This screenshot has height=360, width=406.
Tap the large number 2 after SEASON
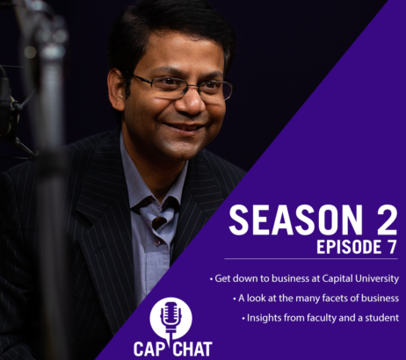[387, 220]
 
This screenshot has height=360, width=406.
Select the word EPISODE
[344, 248]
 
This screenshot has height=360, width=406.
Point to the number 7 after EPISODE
[390, 248]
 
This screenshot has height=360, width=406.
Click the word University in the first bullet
[377, 278]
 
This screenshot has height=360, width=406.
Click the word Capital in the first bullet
[337, 279]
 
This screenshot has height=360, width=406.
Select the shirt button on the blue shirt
[157, 242]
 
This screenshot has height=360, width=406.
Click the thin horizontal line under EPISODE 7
[311, 259]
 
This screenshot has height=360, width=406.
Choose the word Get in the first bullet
[221, 278]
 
